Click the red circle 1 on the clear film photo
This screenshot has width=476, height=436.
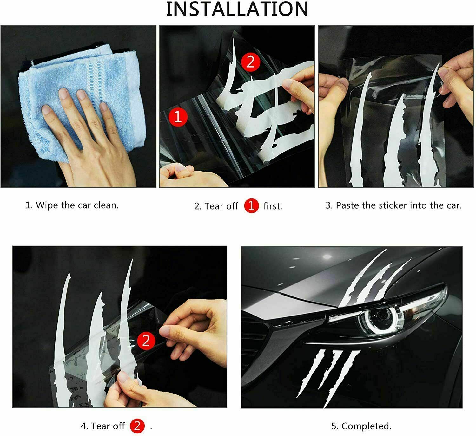[178, 117]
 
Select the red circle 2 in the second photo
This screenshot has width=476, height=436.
[251, 62]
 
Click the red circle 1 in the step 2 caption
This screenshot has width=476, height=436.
[251, 206]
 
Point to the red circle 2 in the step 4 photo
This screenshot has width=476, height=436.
[146, 341]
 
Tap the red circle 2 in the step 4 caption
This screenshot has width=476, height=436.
[137, 426]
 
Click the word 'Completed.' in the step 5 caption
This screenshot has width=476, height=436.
[366, 426]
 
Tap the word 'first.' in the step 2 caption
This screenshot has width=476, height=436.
[273, 206]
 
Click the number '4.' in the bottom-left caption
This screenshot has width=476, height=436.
[84, 426]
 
